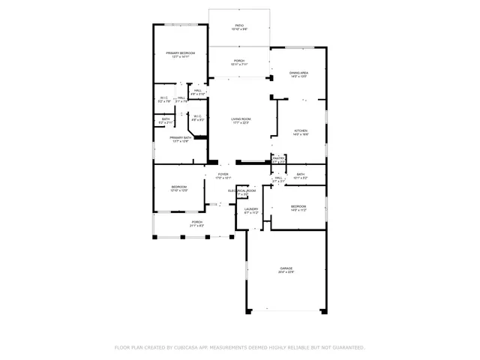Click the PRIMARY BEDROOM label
180,53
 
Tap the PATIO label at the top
238,25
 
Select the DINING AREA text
298,73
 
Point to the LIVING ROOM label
240,118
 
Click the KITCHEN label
301,130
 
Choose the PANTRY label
278,158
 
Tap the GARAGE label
286,268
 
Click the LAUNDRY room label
251,209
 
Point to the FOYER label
223,174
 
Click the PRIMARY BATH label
180,138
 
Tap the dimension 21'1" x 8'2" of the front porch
196,226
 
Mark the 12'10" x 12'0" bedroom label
178,190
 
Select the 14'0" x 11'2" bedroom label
298,210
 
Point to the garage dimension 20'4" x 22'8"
286,271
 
